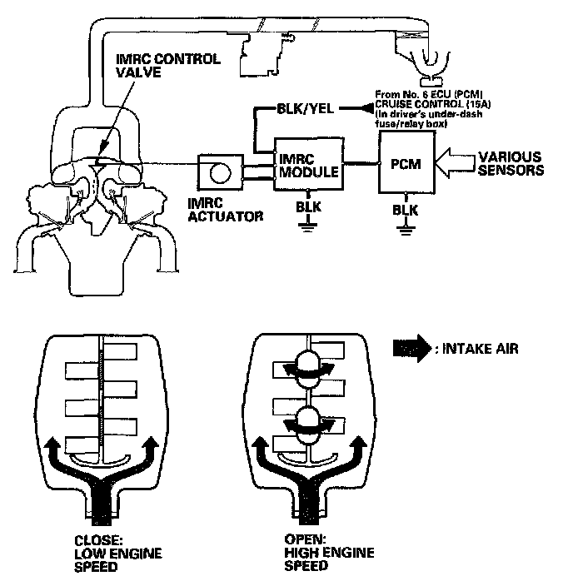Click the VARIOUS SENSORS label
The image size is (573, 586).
508,164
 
